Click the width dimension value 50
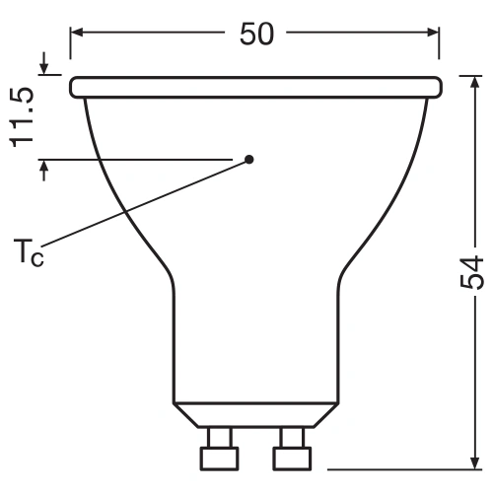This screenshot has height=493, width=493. point(255,34)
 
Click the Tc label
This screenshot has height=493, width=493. point(32,252)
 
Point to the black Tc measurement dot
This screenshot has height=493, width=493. point(249,159)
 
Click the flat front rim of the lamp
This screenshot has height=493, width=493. point(255,88)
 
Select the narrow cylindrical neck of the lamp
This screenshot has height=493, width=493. point(255,335)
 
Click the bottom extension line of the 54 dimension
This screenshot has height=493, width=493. point(394,467)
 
